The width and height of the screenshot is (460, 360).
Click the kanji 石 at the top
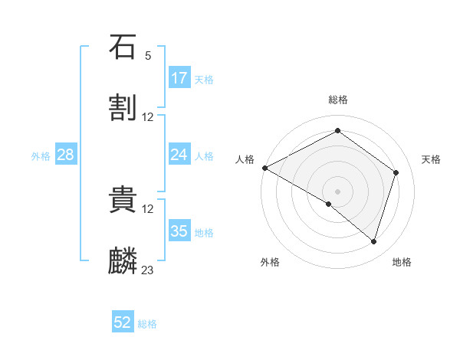point(123,47)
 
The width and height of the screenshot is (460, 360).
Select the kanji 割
point(123,108)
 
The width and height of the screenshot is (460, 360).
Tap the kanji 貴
point(123,200)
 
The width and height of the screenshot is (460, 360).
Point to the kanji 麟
point(123,261)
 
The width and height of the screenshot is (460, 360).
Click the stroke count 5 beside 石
point(148,55)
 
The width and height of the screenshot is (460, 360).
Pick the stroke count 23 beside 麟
point(148,270)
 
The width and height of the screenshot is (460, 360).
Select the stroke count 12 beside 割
point(148,116)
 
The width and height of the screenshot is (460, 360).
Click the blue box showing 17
point(179,78)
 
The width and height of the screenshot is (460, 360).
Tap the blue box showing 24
point(179,155)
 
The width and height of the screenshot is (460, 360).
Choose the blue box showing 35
point(179,231)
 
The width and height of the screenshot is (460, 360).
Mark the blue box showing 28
point(66,155)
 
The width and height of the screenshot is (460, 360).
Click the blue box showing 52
point(123,322)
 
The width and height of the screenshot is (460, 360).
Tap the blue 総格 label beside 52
point(147,324)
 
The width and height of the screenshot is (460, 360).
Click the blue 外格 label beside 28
point(41,156)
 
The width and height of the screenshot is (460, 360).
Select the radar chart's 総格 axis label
point(338,100)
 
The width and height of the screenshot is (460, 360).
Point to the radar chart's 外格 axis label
point(270,262)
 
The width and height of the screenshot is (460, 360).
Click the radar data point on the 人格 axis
point(264,168)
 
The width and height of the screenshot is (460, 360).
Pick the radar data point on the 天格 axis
point(396,172)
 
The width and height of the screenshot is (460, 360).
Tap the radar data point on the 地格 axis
point(374,241)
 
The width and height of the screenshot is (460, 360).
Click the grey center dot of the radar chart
point(338,191)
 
